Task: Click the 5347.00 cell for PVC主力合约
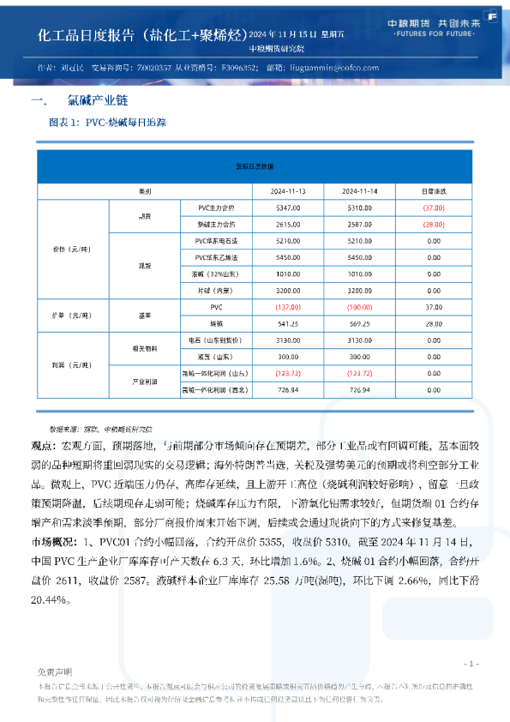tap(288, 208)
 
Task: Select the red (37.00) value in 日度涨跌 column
tap(433, 208)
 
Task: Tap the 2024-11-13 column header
tap(288, 190)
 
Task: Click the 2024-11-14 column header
tap(360, 190)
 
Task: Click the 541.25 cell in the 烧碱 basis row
tap(288, 324)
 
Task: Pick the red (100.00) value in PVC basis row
tap(360, 307)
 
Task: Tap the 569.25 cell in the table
tap(360, 324)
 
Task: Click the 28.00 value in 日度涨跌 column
tap(433, 324)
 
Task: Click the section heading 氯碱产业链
tap(90, 100)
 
